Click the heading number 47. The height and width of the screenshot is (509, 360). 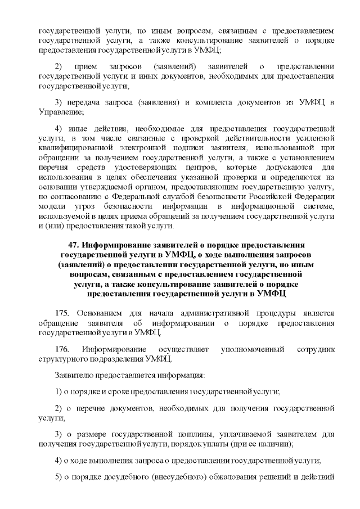pyautogui.click(x=74, y=246)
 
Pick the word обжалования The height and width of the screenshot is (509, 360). pyautogui.click(x=243, y=478)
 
